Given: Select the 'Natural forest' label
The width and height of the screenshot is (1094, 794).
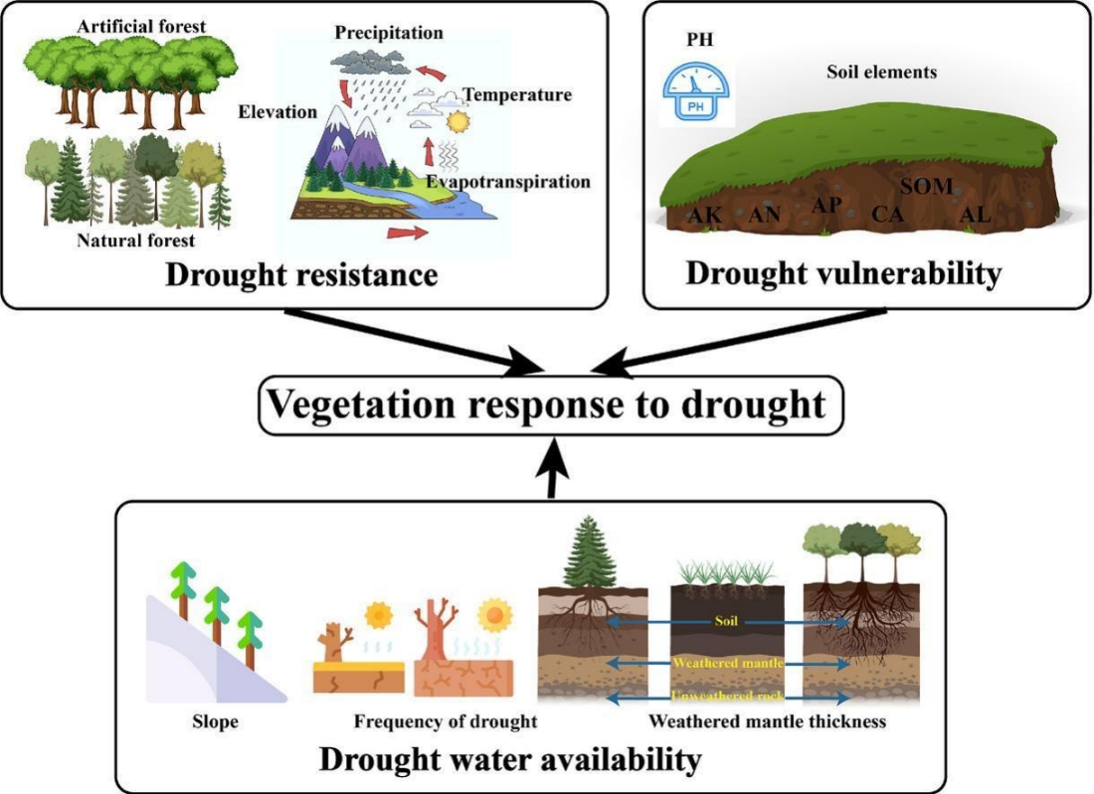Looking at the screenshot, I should [136, 239].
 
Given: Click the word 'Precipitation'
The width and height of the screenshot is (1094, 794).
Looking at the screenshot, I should [389, 33].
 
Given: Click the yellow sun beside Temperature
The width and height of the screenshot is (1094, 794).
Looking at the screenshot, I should [458, 122].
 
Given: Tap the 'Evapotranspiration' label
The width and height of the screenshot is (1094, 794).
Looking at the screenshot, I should [508, 182].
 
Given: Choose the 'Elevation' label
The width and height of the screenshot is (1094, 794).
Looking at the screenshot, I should [277, 112].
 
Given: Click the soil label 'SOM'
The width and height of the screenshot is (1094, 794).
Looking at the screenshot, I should [926, 186].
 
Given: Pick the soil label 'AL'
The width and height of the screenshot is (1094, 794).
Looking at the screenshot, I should [975, 214].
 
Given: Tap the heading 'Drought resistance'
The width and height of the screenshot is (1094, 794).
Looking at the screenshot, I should [301, 273].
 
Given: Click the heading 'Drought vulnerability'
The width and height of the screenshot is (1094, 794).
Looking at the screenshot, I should [843, 273].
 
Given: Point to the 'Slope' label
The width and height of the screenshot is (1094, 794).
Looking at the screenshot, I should [216, 720].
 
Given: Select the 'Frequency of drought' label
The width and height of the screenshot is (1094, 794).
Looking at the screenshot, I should [445, 720].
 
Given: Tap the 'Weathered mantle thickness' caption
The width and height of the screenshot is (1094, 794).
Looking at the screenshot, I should [766, 720].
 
